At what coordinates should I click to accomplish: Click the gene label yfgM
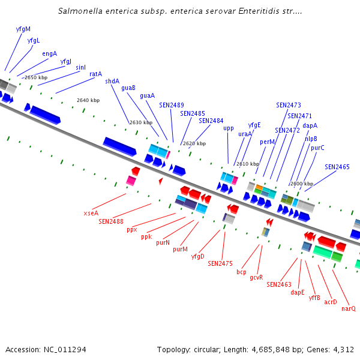pos(23,28)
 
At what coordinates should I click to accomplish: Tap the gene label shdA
pos(112,81)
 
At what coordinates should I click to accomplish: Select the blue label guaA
pos(147,95)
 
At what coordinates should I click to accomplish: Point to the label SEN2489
pos(172,105)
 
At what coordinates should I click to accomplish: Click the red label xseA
pos(91,213)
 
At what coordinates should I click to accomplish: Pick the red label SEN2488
pos(111,221)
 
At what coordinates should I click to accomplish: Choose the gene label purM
pos(180,249)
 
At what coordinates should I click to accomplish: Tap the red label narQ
pos(349,308)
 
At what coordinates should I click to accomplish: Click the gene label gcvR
pos(256,277)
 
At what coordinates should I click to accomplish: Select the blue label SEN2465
pos(337,167)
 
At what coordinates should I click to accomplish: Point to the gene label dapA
pos(310,125)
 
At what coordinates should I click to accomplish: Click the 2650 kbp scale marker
pos(36,77)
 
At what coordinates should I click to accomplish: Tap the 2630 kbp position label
pos(141,122)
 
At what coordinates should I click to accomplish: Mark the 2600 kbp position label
pos(302,184)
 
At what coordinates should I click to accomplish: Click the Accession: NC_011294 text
pos(46,349)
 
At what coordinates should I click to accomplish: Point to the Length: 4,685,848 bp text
pos(259,349)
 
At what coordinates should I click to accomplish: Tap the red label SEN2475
pos(220,263)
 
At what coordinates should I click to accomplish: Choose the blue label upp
pos(229,128)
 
